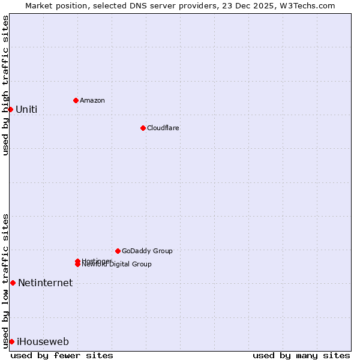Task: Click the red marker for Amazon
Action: point(76,100)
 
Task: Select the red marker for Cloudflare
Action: point(143,128)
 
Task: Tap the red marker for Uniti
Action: point(10,109)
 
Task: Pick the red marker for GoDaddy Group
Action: point(118,251)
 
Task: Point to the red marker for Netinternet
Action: point(13,283)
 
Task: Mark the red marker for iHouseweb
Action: point(11,341)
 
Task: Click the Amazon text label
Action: point(92,100)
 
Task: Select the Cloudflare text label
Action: point(163,128)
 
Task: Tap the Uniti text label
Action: point(26,109)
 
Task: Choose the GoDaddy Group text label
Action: point(147,251)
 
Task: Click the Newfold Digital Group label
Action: point(118,265)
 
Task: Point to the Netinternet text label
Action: point(45,283)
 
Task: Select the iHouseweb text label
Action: point(43,341)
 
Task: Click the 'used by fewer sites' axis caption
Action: point(62,355)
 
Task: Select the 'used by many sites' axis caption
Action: point(301,355)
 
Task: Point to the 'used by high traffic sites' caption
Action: point(5,85)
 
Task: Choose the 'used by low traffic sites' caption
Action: point(5,281)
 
